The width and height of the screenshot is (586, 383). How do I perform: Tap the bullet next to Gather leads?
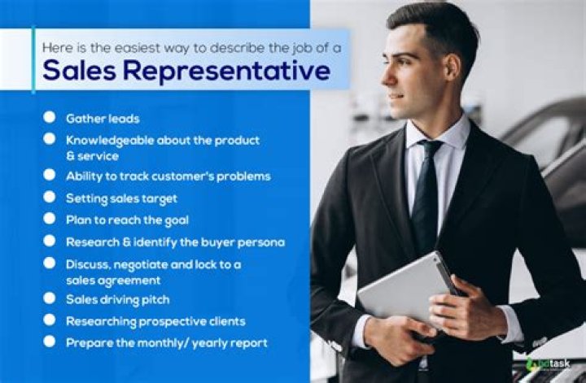[50, 118]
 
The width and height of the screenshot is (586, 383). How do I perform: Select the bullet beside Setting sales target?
[50, 197]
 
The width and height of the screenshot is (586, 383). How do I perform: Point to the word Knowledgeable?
[112, 140]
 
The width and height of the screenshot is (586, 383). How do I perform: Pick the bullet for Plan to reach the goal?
[50, 219]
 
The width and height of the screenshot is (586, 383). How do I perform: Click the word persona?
[261, 241]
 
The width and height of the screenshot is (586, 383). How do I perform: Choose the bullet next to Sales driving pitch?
[50, 299]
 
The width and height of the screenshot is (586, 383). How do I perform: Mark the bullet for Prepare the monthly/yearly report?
[50, 342]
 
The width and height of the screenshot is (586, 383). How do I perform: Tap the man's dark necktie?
[426, 195]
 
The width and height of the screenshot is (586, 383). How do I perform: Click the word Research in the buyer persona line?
[91, 241]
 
